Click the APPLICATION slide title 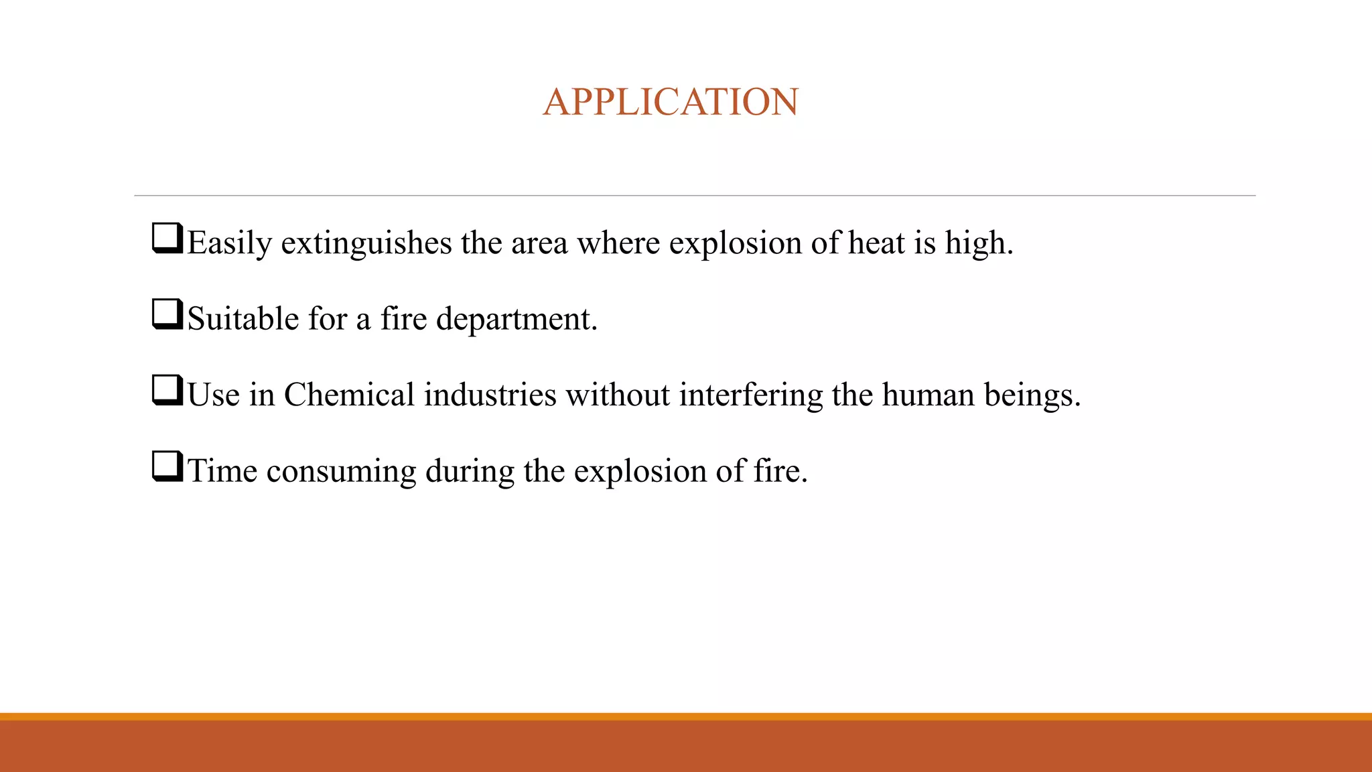[x=671, y=102]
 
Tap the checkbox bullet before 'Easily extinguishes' [x=167, y=239]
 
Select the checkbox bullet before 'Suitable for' [x=167, y=314]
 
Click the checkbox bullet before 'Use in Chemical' [x=167, y=391]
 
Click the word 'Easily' [x=229, y=243]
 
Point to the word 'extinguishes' [x=366, y=243]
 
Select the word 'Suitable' [x=243, y=318]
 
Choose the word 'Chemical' [x=349, y=395]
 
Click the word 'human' [x=928, y=395]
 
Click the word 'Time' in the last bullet [x=222, y=470]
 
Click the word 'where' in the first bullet [x=618, y=243]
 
